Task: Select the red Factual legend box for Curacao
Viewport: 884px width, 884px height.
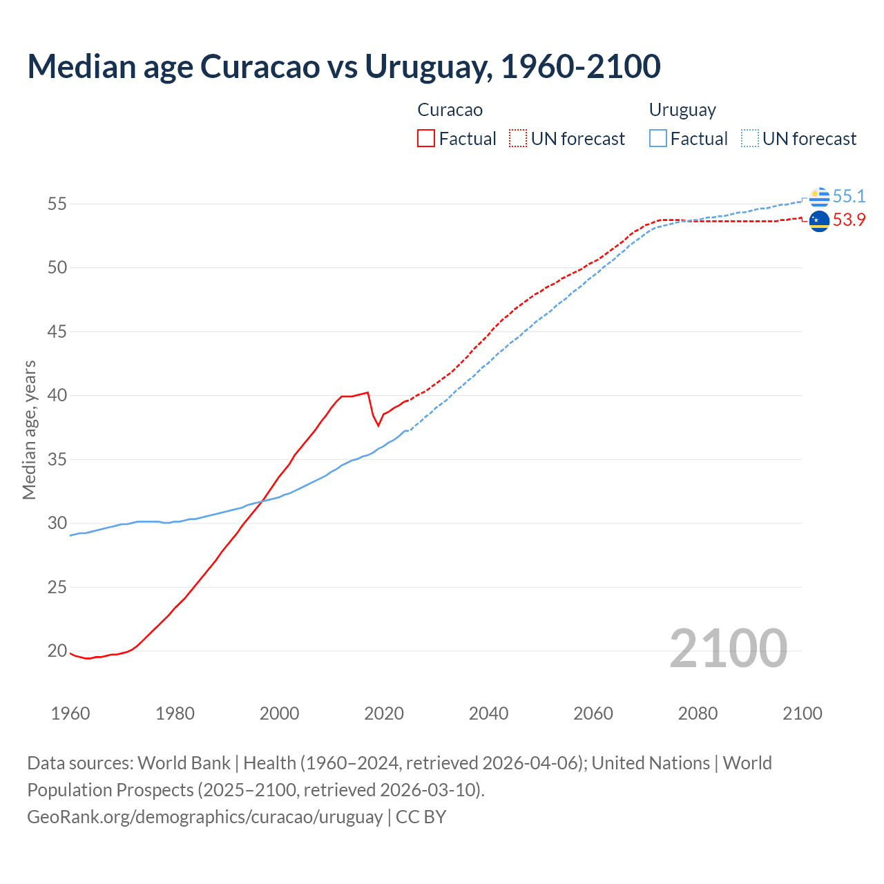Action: tap(426, 138)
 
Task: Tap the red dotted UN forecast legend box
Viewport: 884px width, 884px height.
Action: tap(517, 138)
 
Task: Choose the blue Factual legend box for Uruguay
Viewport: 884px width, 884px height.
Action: tap(658, 138)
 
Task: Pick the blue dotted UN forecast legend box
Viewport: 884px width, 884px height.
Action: tap(749, 138)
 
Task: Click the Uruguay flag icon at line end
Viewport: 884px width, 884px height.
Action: tap(819, 197)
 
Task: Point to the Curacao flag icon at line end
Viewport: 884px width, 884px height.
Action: tap(819, 221)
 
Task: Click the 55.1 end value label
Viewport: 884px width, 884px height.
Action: tap(849, 197)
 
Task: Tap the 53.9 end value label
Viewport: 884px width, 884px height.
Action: tap(849, 220)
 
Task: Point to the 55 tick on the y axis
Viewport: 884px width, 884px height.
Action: tap(57, 204)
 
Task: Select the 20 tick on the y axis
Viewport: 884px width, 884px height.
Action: tap(57, 651)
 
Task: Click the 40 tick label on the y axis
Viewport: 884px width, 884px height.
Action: tap(57, 395)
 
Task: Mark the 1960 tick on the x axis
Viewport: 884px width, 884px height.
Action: tap(70, 713)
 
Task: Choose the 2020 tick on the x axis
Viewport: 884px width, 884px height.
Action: tap(384, 713)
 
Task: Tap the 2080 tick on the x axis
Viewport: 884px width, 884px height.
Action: tap(698, 713)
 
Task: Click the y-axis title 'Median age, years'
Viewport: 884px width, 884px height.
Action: tap(29, 430)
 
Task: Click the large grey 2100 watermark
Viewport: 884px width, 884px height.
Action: tap(728, 648)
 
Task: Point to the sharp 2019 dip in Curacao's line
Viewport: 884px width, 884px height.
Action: tap(378, 425)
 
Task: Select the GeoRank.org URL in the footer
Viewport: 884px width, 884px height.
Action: tap(204, 816)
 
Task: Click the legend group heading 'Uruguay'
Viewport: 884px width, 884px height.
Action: tap(682, 110)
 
